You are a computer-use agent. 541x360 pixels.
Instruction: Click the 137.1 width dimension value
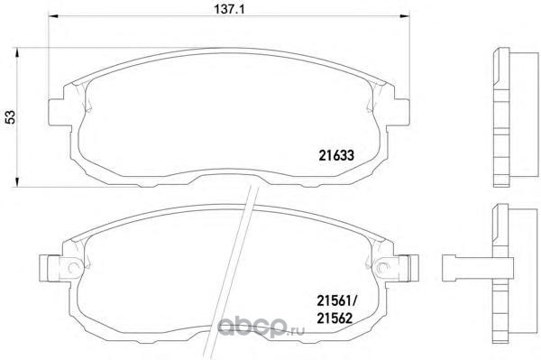(229, 9)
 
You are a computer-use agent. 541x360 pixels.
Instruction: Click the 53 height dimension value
(11, 117)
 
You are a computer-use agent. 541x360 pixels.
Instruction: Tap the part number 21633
(336, 156)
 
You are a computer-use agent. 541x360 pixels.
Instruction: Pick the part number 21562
(335, 318)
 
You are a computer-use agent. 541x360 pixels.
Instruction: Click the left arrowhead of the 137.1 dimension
(52, 16)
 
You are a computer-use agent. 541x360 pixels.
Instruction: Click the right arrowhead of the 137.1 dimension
(405, 16)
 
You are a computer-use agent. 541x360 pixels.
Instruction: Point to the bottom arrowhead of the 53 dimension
(16, 182)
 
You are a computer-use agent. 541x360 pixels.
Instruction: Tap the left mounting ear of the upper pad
(56, 112)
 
